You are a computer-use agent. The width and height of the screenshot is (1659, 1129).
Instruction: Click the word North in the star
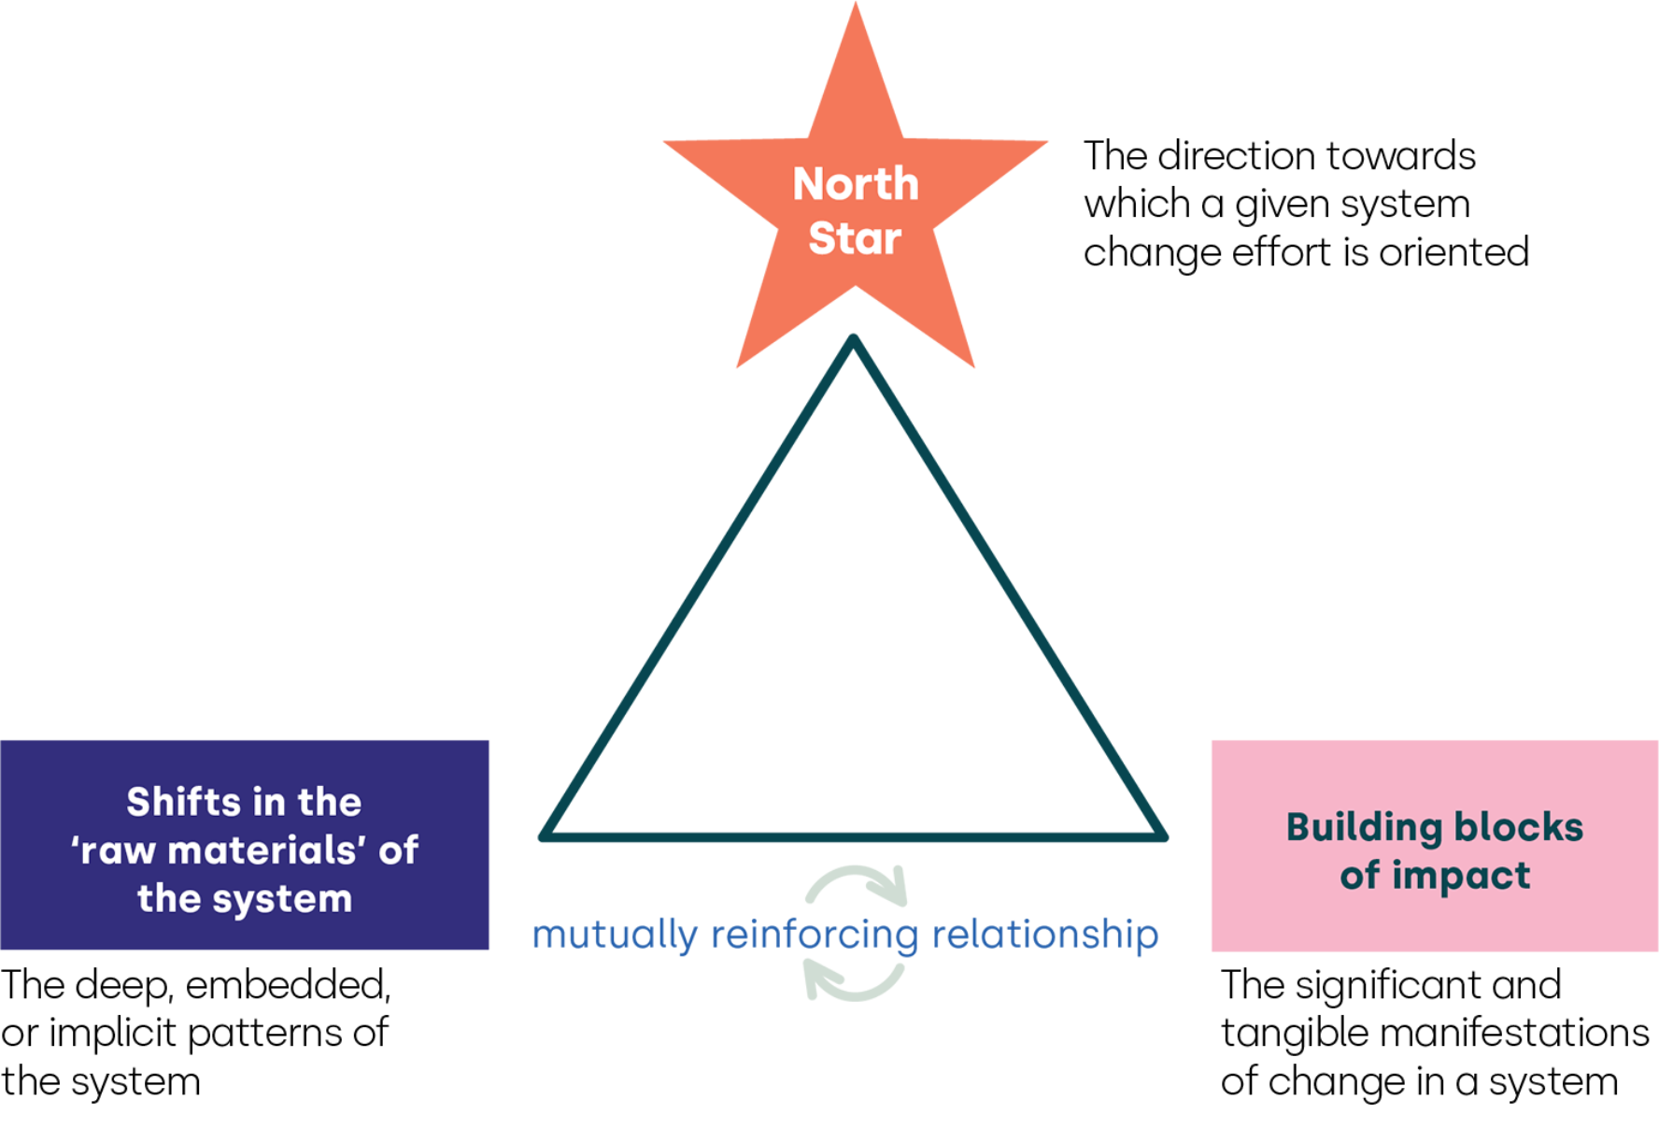click(856, 184)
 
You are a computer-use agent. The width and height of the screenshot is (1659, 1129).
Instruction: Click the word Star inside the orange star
click(855, 238)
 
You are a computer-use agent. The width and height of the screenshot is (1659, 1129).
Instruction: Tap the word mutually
click(615, 935)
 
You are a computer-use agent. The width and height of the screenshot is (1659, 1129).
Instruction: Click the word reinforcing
click(815, 935)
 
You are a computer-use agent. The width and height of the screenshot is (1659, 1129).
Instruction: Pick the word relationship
click(1045, 935)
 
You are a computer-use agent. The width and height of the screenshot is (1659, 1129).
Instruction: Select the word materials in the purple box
click(266, 850)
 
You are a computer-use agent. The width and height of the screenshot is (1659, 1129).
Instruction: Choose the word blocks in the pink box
click(1518, 827)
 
